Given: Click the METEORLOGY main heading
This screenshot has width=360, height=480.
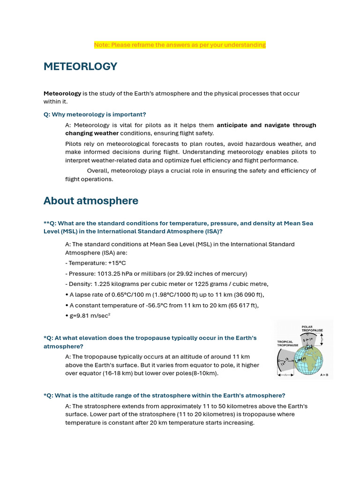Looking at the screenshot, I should [x=80, y=67].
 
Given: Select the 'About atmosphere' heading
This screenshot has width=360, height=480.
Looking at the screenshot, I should [x=91, y=201].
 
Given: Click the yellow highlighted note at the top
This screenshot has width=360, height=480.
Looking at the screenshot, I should [x=180, y=45].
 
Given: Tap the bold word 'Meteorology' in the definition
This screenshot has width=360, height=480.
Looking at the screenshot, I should [x=62, y=93].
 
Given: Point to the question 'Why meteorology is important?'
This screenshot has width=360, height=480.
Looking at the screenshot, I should [x=95, y=114].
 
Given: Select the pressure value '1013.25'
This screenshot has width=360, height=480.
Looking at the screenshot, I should [x=105, y=273].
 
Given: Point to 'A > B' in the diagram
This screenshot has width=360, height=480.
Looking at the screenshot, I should [x=324, y=375].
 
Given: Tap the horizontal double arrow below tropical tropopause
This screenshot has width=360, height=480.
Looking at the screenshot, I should [x=285, y=375].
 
